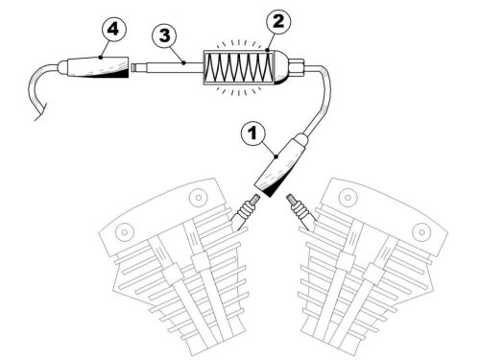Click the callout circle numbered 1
click(253, 132)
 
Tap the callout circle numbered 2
click(278, 21)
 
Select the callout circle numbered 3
click(164, 36)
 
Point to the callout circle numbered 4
click(113, 29)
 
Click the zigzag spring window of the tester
click(239, 67)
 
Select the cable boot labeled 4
click(93, 67)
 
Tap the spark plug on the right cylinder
click(300, 212)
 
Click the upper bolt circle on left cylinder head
click(199, 198)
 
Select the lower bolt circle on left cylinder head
click(125, 231)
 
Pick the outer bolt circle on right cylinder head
click(421, 231)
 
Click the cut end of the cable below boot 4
click(40, 112)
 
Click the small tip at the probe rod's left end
click(134, 68)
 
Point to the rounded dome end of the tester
click(281, 67)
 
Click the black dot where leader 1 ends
click(276, 156)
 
